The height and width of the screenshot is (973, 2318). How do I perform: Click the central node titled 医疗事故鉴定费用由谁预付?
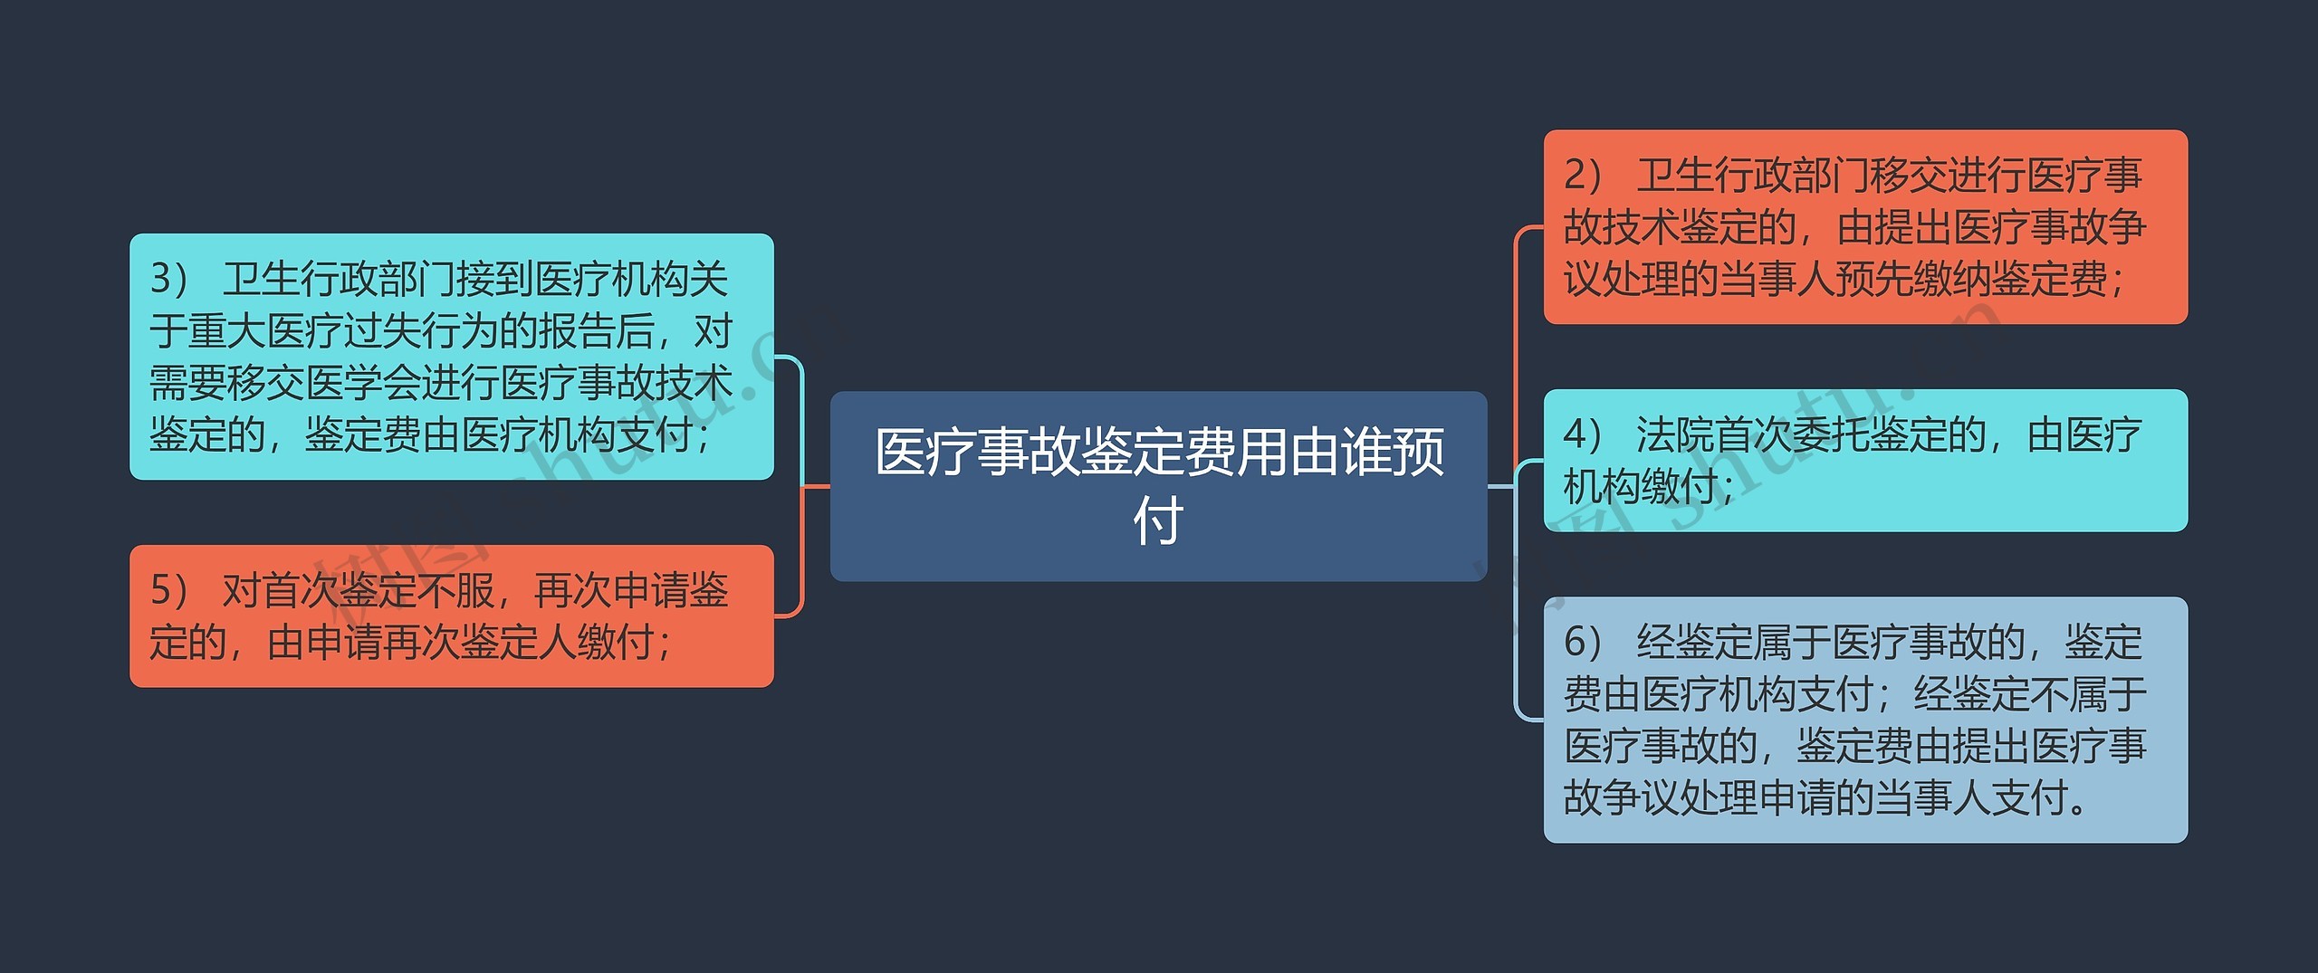click(x=1158, y=486)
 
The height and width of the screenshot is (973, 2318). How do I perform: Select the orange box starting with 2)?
click(x=1864, y=226)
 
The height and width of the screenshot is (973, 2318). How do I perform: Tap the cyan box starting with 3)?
click(x=451, y=356)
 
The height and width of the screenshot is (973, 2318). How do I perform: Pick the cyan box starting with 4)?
click(x=1864, y=460)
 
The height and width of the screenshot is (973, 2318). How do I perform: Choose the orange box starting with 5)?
click(x=451, y=615)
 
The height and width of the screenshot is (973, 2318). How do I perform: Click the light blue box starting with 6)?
click(x=1864, y=720)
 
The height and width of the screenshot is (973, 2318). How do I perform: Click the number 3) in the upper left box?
click(x=168, y=279)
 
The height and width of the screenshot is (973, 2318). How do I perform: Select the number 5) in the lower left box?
click(x=168, y=591)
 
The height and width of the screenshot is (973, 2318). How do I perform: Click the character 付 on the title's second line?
click(x=1158, y=521)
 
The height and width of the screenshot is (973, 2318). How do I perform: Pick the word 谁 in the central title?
click(x=1366, y=452)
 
